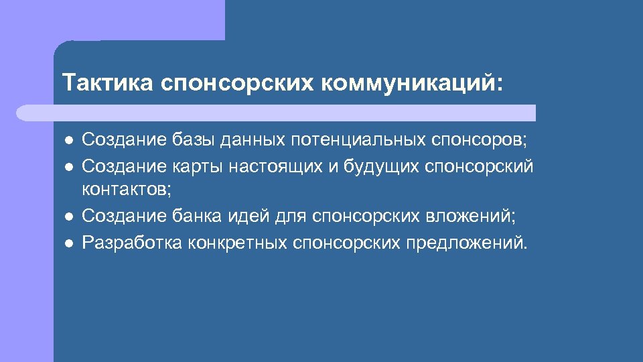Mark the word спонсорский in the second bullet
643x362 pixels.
click(x=480, y=165)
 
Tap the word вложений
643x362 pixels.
click(x=472, y=216)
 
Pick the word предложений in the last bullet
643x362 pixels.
click(x=466, y=241)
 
